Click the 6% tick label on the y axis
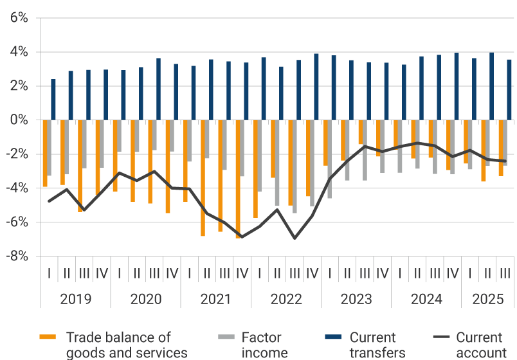pos(19,18)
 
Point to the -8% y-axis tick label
pos(17,256)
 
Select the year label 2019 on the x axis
pos(75,300)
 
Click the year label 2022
pos(286,300)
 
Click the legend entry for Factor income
pos(261,344)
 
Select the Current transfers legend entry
pos(372,344)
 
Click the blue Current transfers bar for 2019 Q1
pos(53,100)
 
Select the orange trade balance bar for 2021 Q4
pos(239,179)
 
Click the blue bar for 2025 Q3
pos(509,90)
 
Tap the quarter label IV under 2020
pos(172,273)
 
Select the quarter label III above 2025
pos(505,273)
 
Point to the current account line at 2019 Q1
pos(50,201)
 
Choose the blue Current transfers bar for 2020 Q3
pos(158,89)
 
